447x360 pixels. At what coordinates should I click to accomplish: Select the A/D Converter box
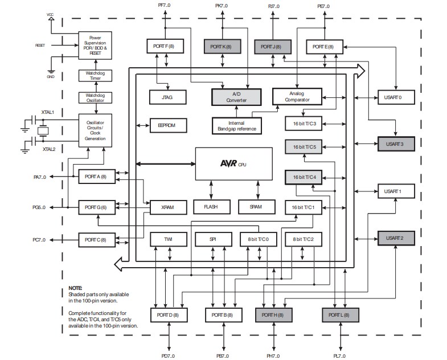[236, 97]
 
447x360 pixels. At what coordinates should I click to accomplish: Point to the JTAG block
[167, 97]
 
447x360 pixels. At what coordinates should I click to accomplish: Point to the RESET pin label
[40, 44]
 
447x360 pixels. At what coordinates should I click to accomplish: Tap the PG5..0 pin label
[39, 207]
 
